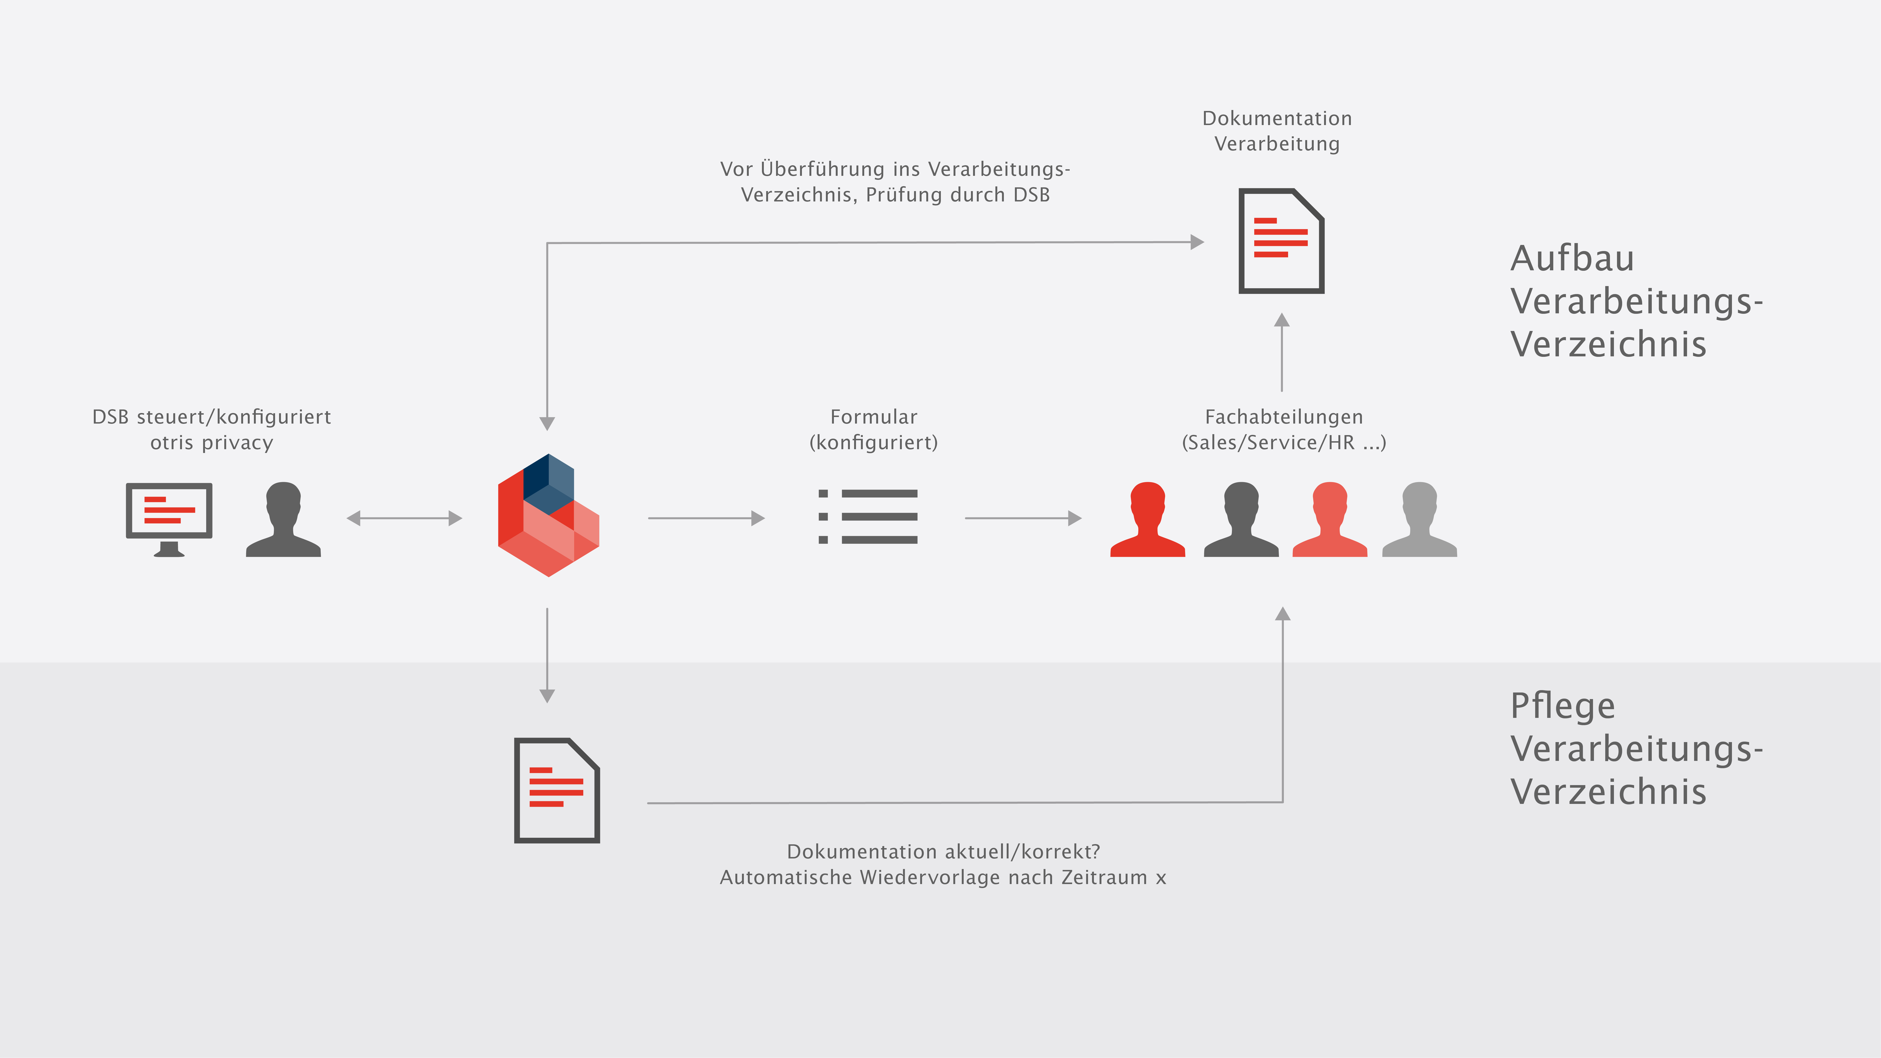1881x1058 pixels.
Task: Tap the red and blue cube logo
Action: tap(548, 515)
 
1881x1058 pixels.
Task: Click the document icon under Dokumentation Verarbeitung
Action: tap(1282, 241)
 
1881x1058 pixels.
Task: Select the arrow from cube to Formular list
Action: tap(706, 518)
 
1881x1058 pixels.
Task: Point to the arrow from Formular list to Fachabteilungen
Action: tap(1023, 518)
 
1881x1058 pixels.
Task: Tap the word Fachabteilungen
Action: tap(1284, 417)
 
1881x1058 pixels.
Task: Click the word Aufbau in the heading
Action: tap(1572, 259)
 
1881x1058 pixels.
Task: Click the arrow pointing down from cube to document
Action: tap(547, 655)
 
